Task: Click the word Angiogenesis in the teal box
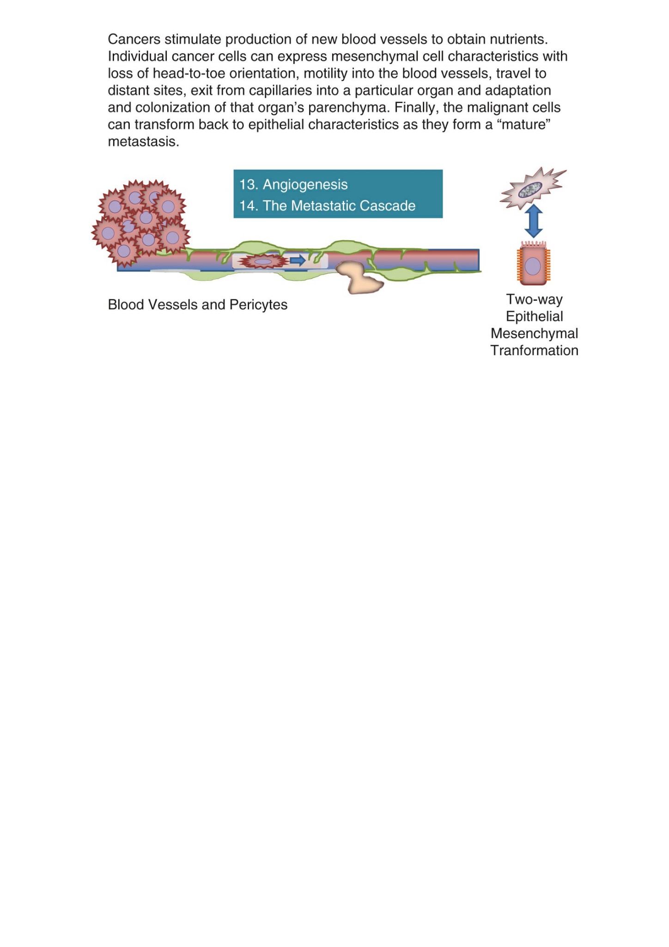point(305,185)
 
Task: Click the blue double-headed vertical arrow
point(534,221)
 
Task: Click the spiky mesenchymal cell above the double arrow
point(533,189)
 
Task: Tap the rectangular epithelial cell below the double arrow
point(534,263)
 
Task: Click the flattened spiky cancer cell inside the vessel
point(263,261)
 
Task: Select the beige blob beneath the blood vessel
point(359,278)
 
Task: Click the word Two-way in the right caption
point(534,300)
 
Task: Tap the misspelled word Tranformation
point(534,351)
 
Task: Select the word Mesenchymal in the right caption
point(534,334)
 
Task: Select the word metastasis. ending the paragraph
point(143,142)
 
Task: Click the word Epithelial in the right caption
point(534,317)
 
